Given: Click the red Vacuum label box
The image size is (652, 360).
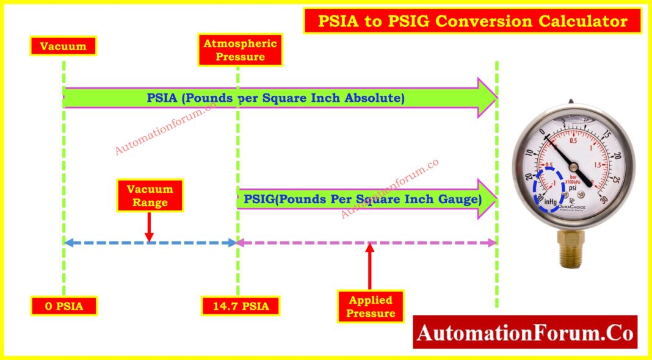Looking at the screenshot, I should point(63,46).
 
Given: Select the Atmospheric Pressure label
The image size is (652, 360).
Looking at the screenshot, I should point(239,50).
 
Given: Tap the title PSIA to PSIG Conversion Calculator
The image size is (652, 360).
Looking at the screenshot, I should point(472,21).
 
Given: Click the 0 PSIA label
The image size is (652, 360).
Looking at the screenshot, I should point(63,306).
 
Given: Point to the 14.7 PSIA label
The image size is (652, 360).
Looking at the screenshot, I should point(240,306).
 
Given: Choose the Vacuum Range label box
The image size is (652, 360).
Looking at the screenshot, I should point(150,195).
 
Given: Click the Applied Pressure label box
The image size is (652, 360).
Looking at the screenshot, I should point(371,306).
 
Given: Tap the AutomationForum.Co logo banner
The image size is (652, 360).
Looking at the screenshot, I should point(525,333).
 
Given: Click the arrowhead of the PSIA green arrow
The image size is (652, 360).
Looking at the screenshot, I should point(487,98).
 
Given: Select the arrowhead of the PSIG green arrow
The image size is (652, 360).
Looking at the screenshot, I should point(487,200).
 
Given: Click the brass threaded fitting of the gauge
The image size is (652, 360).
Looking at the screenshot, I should point(573,250).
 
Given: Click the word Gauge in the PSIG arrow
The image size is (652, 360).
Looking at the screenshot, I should point(463,200).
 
